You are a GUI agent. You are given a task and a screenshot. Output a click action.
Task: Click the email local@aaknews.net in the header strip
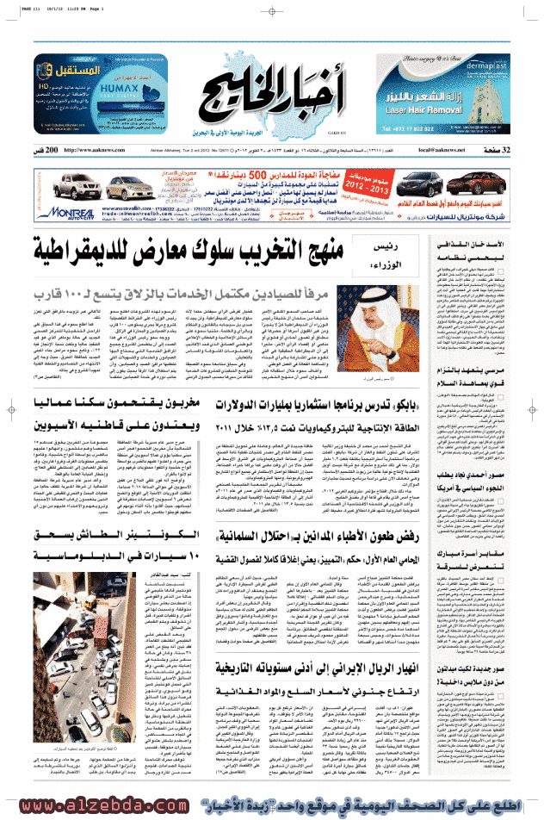(439, 150)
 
